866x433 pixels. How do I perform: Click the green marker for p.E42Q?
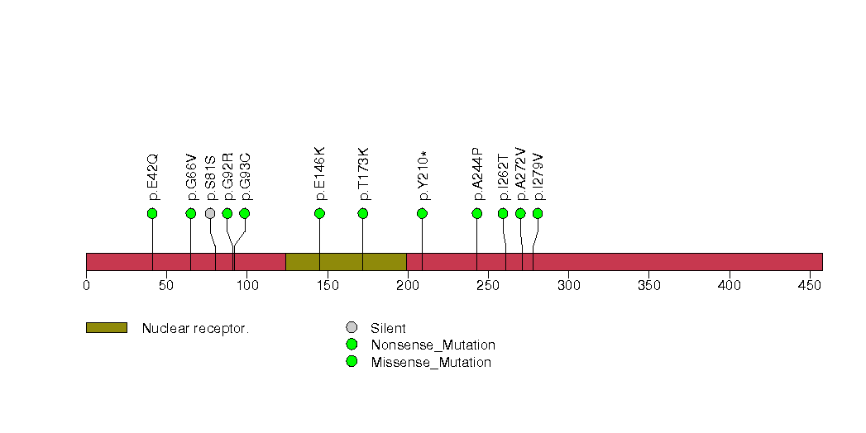click(152, 213)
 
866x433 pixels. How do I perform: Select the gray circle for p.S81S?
click(210, 213)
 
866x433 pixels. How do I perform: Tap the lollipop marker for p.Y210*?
click(422, 213)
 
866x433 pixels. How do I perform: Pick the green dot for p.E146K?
click(319, 213)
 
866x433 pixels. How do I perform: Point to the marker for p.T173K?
click(363, 213)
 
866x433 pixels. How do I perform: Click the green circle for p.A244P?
click(477, 213)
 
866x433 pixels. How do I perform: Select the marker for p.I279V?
click(538, 213)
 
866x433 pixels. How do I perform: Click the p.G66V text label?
click(192, 177)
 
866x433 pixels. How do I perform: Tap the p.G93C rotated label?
click(246, 177)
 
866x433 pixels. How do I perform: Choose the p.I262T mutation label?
click(504, 178)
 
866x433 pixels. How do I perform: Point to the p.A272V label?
click(521, 174)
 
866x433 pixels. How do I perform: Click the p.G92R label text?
click(228, 177)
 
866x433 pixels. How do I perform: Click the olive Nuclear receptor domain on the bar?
click(347, 262)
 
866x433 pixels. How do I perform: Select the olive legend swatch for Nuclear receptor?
click(107, 328)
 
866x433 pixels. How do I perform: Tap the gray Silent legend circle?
click(352, 328)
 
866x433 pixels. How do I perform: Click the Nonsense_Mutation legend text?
click(433, 345)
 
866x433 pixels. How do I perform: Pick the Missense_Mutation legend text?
click(431, 363)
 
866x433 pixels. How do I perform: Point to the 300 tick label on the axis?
click(569, 285)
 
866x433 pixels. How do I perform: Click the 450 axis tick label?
click(810, 285)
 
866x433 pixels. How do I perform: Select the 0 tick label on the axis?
click(86, 285)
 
